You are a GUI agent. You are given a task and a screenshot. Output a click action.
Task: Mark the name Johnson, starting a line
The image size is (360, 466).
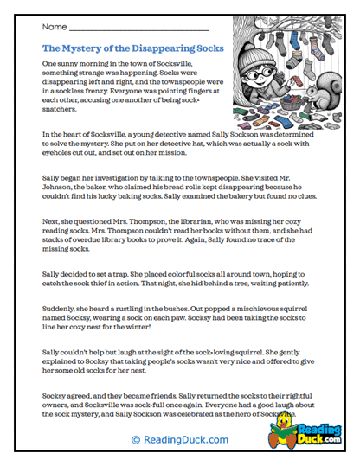[x=59, y=183]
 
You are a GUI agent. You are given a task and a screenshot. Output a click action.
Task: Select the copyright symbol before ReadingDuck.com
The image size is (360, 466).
[x=136, y=439]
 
